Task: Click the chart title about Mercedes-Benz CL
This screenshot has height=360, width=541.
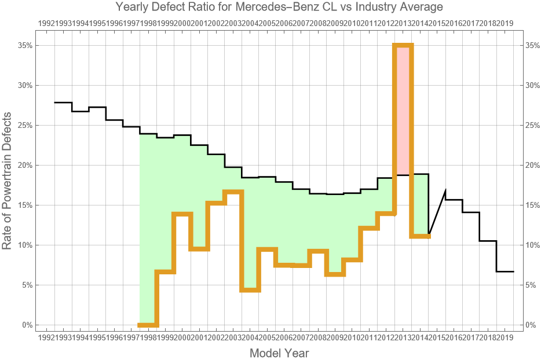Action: pos(270,8)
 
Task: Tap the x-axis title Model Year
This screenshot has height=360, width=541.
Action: pos(279,352)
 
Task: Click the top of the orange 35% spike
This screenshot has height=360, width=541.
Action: pos(403,46)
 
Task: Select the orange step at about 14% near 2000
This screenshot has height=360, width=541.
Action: pos(182,214)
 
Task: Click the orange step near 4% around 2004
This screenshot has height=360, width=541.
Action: pos(250,289)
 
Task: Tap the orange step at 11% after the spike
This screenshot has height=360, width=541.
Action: pos(420,236)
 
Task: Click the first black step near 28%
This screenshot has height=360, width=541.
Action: pos(63,102)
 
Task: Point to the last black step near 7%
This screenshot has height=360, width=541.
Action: pos(505,271)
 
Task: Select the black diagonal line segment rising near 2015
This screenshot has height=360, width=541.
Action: pos(437,212)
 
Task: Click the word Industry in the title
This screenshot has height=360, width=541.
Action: pos(364,8)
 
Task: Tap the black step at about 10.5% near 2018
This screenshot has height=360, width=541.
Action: pos(488,241)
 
